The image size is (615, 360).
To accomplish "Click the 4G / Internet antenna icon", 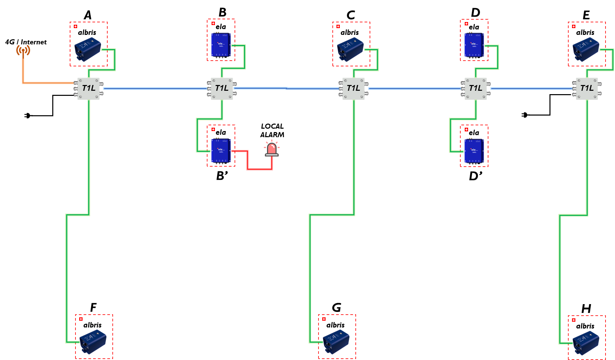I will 23,51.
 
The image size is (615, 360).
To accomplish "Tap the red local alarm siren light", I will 271,149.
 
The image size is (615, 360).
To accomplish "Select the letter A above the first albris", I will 88,15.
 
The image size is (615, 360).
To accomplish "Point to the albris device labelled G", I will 336,342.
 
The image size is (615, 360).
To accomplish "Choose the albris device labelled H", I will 586,343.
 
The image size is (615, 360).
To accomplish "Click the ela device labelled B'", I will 221,150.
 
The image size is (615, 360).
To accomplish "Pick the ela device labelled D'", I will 474,151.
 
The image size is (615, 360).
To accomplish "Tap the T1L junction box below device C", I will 353,88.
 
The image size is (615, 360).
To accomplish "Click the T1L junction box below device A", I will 89,88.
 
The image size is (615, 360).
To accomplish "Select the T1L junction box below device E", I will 587,88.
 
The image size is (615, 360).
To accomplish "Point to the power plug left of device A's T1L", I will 27,115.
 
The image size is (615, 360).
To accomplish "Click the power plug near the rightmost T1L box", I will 525,115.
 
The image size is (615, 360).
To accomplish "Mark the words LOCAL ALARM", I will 272,130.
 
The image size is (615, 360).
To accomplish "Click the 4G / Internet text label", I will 26,42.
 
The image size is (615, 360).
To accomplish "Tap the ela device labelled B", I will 221,45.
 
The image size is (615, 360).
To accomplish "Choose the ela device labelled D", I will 474,45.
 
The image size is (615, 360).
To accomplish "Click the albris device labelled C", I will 350,49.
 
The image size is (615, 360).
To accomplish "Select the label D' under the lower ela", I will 476,176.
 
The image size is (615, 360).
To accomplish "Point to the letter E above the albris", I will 586,15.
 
